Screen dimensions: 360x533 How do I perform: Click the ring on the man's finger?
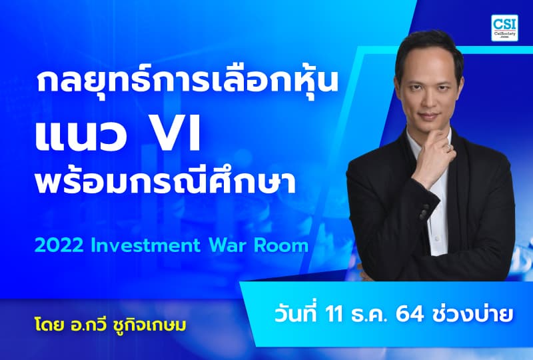click(x=450, y=144)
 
